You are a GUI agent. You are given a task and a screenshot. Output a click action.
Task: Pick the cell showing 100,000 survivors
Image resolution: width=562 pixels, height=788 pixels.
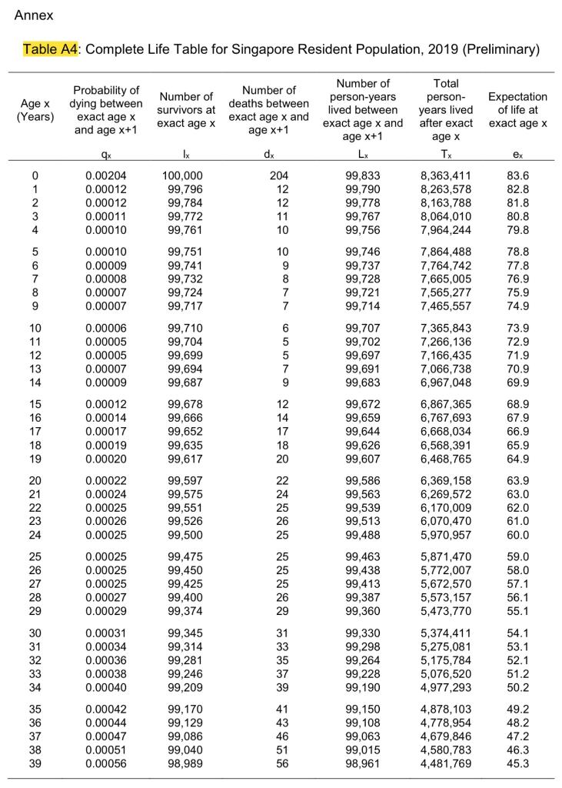184,175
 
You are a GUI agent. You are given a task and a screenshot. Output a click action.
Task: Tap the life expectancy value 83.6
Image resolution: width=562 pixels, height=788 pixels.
517,175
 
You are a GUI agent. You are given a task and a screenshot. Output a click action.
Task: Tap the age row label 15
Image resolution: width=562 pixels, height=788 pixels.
35,403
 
